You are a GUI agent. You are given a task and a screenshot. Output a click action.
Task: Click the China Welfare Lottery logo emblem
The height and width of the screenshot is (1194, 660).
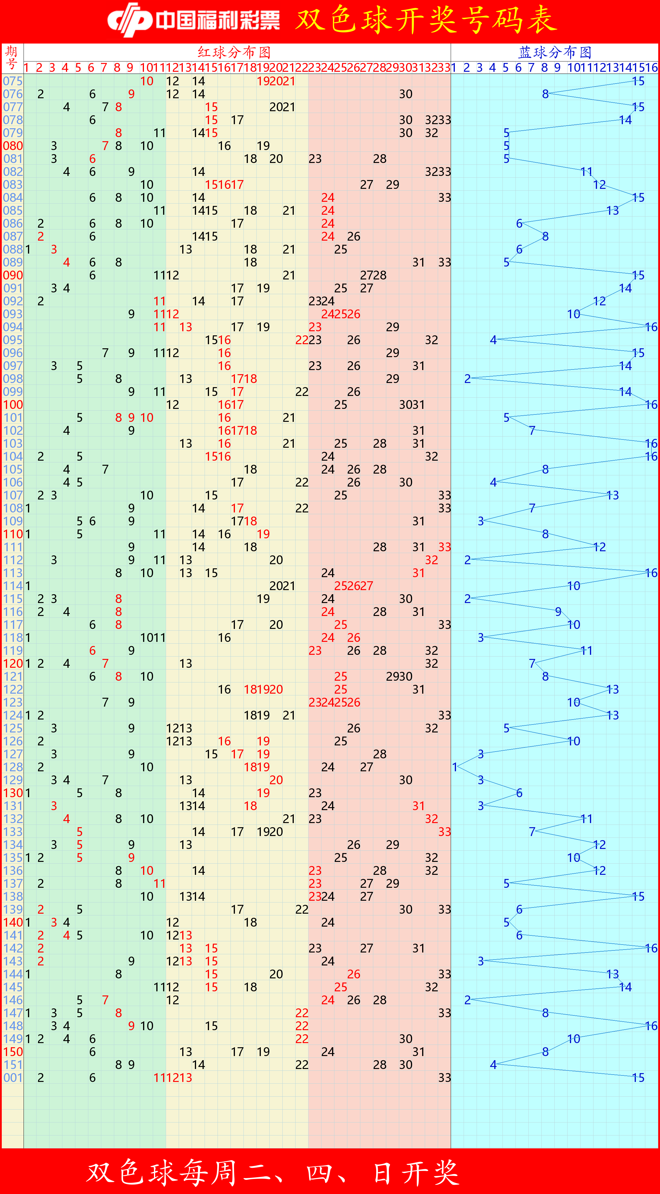[130, 19]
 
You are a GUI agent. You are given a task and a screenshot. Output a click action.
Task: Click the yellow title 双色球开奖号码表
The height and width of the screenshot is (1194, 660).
[426, 20]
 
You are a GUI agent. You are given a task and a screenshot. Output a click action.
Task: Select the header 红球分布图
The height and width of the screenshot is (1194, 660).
[234, 52]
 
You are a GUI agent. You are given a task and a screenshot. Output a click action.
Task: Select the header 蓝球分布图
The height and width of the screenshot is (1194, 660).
[555, 52]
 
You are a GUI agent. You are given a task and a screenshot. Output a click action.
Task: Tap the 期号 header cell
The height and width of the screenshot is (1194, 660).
[12, 58]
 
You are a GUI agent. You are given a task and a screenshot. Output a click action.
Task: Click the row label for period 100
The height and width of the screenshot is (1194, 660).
[13, 405]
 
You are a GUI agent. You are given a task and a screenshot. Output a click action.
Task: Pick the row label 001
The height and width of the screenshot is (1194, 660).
[13, 1078]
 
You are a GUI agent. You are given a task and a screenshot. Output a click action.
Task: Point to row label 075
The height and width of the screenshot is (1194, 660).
[13, 81]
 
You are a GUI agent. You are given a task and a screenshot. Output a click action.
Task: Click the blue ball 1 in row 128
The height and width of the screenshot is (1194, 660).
[455, 767]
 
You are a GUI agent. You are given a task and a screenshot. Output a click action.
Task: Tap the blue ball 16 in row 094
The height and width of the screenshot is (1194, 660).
[651, 327]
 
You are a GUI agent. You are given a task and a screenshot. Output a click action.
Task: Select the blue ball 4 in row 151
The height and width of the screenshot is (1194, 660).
[493, 1065]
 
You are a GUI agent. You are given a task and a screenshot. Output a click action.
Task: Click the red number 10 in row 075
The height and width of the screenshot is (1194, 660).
[147, 81]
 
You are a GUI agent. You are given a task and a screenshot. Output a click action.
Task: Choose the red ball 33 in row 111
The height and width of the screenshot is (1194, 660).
[444, 547]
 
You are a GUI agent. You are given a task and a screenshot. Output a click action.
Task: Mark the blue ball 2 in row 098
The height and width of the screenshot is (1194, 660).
[467, 379]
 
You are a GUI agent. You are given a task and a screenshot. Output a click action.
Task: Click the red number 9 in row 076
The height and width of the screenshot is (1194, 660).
[131, 94]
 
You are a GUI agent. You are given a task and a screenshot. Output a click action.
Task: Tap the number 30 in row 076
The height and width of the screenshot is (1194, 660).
[406, 94]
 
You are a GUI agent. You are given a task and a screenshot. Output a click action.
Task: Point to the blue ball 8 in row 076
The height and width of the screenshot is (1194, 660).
[545, 94]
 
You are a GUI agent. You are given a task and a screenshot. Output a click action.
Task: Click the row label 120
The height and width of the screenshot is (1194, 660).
[13, 664]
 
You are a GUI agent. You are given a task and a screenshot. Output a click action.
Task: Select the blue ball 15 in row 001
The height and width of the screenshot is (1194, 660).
[638, 1078]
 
